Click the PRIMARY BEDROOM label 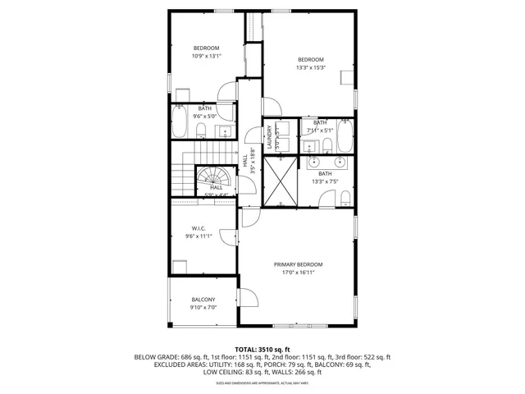pos(298,264)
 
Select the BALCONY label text pos(203,300)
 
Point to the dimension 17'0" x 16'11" pos(298,273)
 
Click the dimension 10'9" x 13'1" pos(207,56)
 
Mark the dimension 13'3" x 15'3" pos(311,68)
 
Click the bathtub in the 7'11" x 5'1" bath pos(345,136)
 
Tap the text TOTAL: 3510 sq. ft pos(262,349)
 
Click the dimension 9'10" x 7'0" pos(203,309)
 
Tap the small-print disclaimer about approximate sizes pos(262,383)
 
